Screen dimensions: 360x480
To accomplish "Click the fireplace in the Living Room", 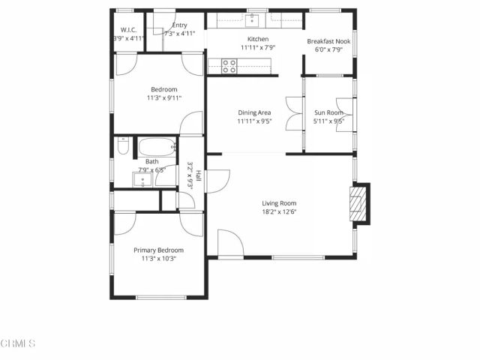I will (x=361, y=204).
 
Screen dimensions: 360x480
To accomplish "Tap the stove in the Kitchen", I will (x=229, y=66).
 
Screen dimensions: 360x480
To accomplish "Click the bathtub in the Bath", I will (x=157, y=146).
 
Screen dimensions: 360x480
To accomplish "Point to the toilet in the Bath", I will (x=123, y=147).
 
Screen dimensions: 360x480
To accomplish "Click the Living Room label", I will (x=279, y=203).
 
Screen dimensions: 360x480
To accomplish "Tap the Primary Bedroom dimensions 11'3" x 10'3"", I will (x=158, y=259).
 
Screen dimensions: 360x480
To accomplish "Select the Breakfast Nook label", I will (x=328, y=40).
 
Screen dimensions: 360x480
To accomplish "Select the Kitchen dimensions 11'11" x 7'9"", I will (x=258, y=48).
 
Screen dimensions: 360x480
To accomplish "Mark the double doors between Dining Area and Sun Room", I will (x=290, y=114).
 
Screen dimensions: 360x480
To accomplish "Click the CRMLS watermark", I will (x=18, y=344).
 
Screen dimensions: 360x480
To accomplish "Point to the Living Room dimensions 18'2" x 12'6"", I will (x=279, y=212).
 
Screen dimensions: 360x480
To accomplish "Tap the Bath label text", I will (x=151, y=161).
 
